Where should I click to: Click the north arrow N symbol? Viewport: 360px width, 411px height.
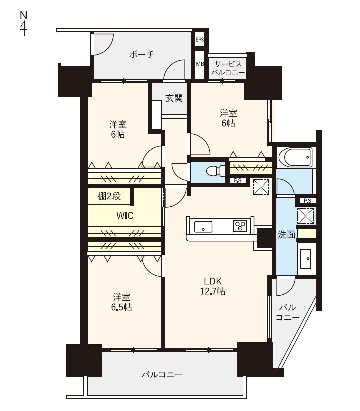coord(24,23)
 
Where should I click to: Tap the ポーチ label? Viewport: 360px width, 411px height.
coord(142,55)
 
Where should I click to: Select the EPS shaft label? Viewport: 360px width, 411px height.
coord(200,40)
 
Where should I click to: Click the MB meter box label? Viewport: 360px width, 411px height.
coord(200,64)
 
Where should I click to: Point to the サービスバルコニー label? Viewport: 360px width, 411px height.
coord(228,68)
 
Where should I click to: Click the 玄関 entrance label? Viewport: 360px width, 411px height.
coord(174,98)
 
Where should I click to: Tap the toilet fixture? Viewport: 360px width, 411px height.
coord(216,171)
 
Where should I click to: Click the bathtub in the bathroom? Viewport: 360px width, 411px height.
coord(296,157)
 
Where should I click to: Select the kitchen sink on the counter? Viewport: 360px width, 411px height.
coord(203,226)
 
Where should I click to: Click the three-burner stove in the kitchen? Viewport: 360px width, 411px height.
coord(240,226)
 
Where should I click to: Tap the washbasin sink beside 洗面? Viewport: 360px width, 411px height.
coord(306,259)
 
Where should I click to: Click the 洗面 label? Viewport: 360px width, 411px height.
coord(287,235)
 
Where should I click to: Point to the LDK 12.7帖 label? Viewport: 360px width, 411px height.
coord(213,286)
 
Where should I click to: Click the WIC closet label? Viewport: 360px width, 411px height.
coord(125,216)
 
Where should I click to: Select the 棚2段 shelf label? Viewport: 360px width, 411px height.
coord(109,196)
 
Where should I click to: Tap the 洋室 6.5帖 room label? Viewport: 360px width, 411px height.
coord(122,302)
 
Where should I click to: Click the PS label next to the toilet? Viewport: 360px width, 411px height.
coord(238,181)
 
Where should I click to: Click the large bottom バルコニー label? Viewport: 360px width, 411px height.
coord(162,375)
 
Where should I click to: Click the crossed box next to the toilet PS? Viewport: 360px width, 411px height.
coord(261,187)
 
